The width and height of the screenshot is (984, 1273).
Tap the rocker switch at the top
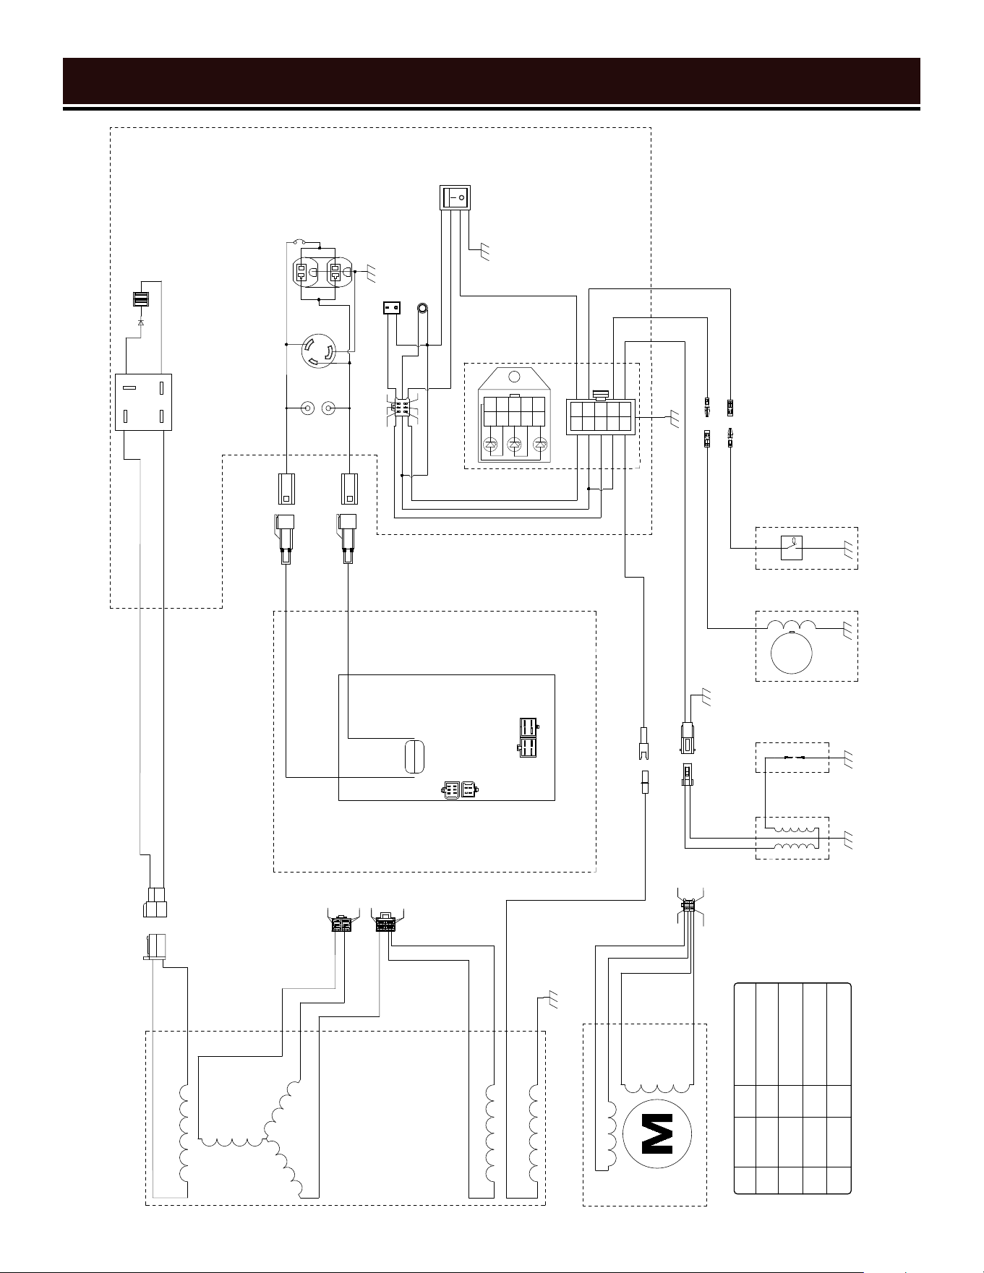(455, 197)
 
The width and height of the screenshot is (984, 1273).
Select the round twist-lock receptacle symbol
(318, 350)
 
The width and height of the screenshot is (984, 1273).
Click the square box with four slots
(144, 402)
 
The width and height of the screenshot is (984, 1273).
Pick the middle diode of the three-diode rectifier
(515, 446)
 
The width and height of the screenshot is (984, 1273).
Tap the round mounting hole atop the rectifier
(514, 377)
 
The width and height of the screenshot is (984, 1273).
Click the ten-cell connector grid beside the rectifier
(601, 416)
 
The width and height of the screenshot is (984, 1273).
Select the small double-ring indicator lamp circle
(422, 309)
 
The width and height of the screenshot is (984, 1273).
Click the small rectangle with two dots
(391, 309)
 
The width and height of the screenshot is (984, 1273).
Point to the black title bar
(492, 82)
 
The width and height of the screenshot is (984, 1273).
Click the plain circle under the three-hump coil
(792, 652)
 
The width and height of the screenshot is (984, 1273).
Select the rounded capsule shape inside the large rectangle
(414, 757)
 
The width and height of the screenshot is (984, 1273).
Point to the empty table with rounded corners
(792, 1088)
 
